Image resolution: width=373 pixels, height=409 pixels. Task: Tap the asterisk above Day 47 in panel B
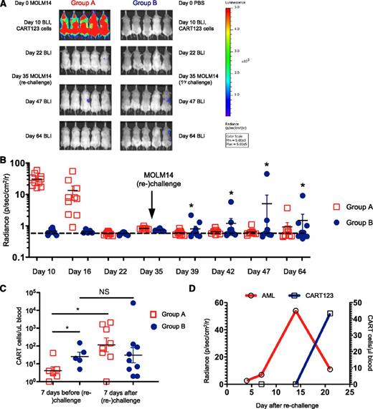[x=266, y=164]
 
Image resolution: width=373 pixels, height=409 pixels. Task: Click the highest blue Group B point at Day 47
[x=266, y=174]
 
